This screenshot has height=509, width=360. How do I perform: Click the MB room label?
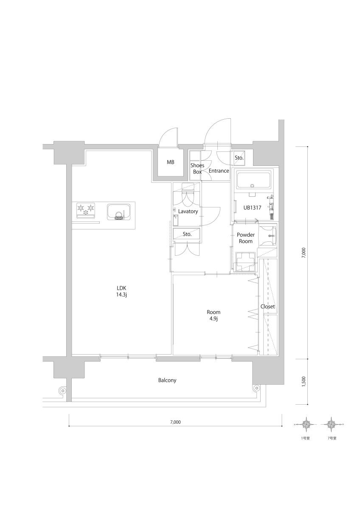[170, 162]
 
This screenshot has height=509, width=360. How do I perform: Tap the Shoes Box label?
[197, 168]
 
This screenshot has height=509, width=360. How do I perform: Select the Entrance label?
[219, 171]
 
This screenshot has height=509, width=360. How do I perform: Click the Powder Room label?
[245, 238]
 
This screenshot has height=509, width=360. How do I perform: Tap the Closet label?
[268, 306]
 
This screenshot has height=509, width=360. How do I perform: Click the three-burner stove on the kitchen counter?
[85, 209]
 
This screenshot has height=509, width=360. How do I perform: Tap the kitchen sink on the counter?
[118, 211]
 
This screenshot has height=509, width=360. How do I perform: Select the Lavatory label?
[188, 211]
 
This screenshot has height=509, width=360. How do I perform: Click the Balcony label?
[167, 380]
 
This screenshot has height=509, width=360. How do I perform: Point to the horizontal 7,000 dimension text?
[175, 422]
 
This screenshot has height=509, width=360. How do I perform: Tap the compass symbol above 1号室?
[306, 424]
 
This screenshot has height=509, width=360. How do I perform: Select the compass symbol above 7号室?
[329, 424]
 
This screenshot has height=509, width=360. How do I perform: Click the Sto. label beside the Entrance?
[239, 158]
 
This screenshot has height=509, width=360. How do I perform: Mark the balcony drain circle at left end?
[62, 390]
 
